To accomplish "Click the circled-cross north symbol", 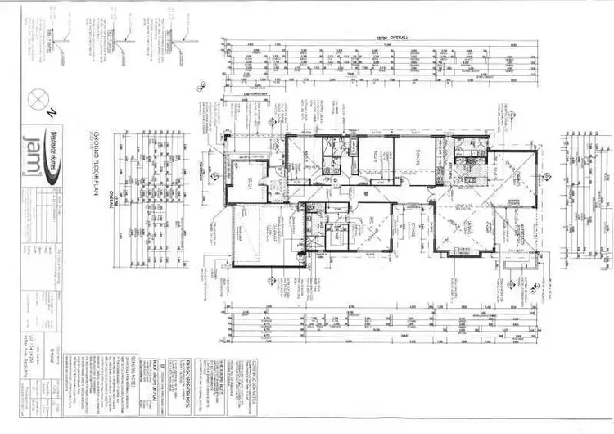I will [x=36, y=98].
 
